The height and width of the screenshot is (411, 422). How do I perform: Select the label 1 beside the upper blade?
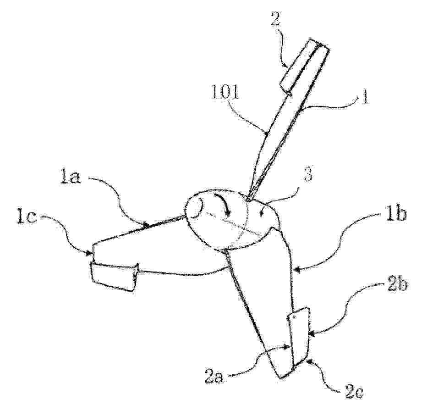tap(364, 98)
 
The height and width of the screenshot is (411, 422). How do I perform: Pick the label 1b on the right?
tap(395, 213)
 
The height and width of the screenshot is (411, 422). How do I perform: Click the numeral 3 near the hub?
tap(309, 175)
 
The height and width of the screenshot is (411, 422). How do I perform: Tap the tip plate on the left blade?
tap(114, 277)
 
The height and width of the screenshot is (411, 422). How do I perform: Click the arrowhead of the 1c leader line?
tap(89, 253)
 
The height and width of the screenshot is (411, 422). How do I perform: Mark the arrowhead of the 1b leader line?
tap(296, 269)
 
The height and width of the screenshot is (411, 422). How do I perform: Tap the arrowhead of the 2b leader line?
tap(312, 334)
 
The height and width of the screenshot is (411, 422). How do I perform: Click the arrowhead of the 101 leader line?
tap(266, 133)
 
